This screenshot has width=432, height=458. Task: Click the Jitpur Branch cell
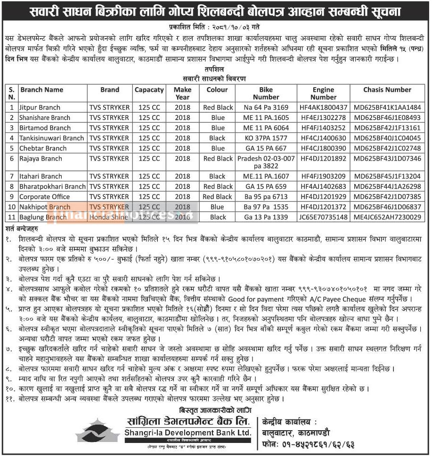click(x=40, y=107)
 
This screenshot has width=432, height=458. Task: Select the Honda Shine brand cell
click(x=109, y=217)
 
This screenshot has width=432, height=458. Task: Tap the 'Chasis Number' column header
click(x=387, y=89)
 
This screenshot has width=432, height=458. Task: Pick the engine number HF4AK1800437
click(x=323, y=107)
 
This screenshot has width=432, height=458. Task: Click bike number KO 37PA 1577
click(x=266, y=138)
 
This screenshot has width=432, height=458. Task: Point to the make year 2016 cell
click(x=182, y=217)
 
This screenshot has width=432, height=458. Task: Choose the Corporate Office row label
click(x=44, y=197)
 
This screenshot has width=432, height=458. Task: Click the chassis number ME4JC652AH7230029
click(x=387, y=217)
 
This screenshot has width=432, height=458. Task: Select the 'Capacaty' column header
click(x=149, y=89)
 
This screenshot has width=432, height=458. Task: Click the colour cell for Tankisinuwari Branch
click(x=217, y=138)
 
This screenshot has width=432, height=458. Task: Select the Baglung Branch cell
click(x=43, y=217)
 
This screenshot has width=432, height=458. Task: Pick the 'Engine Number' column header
click(x=323, y=93)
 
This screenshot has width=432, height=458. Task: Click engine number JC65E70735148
click(x=323, y=217)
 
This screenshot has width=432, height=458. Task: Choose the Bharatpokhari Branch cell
click(x=52, y=186)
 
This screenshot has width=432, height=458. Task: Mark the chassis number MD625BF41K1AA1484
click(x=387, y=107)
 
